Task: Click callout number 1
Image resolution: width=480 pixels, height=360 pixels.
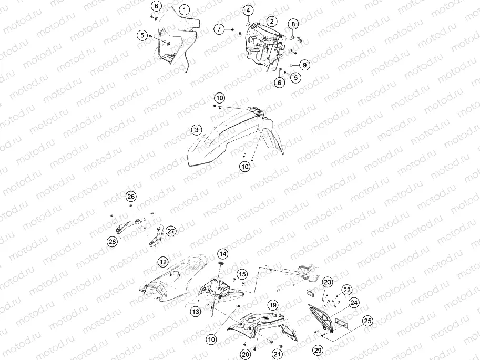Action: tap(185, 10)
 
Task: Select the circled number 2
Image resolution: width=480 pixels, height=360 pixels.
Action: tap(271, 22)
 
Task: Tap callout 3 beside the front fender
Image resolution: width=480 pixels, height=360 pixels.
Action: tap(197, 130)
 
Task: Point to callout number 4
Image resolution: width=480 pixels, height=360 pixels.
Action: tap(248, 11)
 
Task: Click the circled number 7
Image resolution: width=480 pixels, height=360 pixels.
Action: tap(219, 29)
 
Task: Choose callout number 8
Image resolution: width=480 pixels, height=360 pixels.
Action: tap(293, 24)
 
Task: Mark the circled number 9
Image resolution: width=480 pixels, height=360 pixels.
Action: tap(304, 65)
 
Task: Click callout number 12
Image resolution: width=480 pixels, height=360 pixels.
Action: tap(163, 262)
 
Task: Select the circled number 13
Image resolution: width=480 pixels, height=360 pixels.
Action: tap(196, 312)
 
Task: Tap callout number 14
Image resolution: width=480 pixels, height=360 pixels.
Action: tap(223, 254)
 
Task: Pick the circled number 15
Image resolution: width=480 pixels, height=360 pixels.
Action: tap(242, 274)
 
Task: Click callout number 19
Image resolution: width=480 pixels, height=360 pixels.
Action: tap(273, 305)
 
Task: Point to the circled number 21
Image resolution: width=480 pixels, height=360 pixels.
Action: tap(277, 355)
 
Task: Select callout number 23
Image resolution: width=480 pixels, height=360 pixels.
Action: tap(328, 282)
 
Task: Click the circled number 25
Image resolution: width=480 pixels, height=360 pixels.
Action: tap(367, 321)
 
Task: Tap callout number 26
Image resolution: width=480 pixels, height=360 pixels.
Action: tap(131, 197)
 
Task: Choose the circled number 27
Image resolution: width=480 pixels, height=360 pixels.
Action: tap(171, 231)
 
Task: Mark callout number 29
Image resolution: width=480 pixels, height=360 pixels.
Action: tap(318, 350)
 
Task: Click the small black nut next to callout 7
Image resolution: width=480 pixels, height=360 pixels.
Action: tap(232, 30)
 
